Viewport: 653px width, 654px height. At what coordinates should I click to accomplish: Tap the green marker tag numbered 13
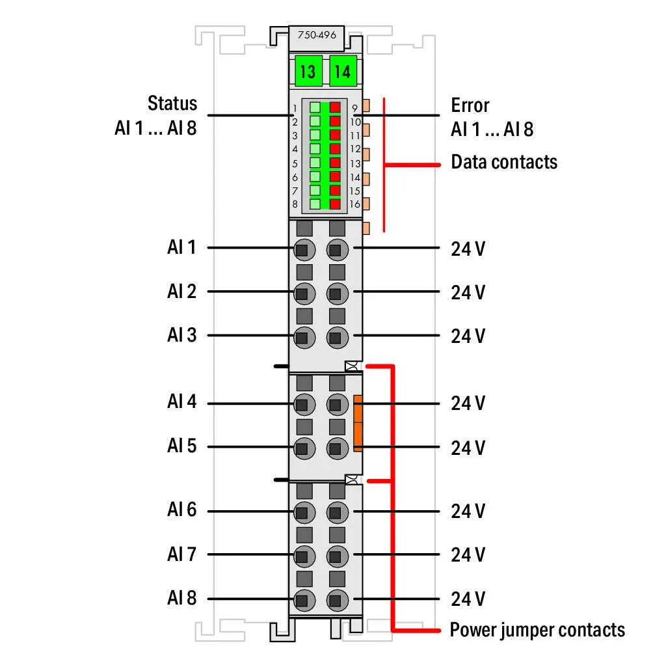point(308,71)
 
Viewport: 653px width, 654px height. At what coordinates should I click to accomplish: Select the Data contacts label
point(503,162)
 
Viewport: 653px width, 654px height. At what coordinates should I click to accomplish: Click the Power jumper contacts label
point(537,630)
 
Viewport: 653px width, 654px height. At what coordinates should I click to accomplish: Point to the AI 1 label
point(181,248)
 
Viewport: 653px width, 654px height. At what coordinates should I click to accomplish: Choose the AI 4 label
point(181,402)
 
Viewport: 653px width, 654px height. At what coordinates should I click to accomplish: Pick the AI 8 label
point(181,598)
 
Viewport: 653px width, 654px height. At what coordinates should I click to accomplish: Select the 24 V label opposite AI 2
point(468,292)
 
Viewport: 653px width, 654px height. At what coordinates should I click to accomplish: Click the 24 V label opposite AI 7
point(468,555)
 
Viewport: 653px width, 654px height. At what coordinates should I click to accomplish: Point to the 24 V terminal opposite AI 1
point(336,249)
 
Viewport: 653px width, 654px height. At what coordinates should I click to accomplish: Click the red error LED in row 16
point(336,204)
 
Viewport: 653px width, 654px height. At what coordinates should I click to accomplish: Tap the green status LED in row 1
point(315,107)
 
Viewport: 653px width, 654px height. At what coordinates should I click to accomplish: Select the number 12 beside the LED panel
point(355,149)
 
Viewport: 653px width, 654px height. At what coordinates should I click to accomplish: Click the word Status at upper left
point(172,103)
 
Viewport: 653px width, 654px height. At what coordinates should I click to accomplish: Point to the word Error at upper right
point(470,105)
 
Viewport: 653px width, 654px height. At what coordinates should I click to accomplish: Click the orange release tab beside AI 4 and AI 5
point(358,422)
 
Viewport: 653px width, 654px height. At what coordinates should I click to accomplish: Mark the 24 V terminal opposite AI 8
point(336,600)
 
